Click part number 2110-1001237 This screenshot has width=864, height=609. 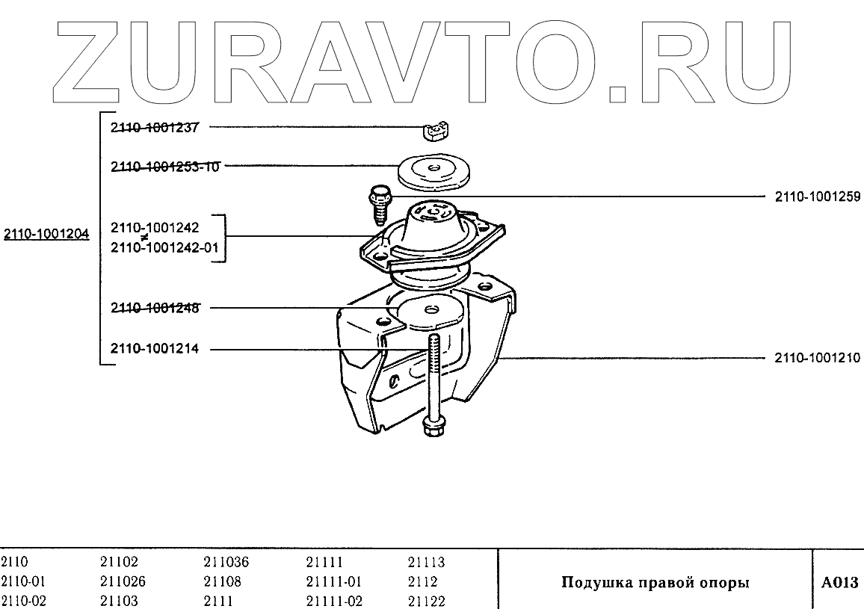click(155, 127)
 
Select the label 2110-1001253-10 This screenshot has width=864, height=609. click(165, 167)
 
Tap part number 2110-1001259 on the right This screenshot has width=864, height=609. click(818, 197)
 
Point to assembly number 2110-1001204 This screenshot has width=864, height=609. click(46, 234)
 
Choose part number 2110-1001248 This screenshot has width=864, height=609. click(155, 307)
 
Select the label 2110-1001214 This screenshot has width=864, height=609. click(155, 348)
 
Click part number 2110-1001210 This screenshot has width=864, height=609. click(818, 358)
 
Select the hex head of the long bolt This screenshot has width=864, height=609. click(431, 426)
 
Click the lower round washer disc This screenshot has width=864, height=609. click(428, 312)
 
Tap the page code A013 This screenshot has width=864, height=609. click(839, 582)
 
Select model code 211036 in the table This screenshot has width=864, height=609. click(226, 563)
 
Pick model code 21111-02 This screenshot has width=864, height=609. click(334, 601)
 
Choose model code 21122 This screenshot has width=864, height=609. click(426, 601)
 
